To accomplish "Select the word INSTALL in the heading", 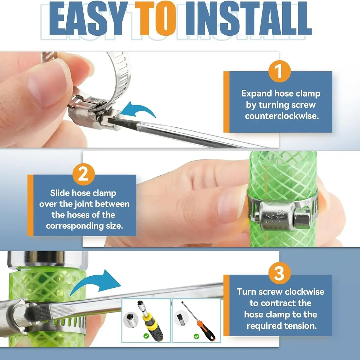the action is coord(249,19).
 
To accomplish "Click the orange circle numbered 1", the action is coord(279,71).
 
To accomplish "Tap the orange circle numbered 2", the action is coord(84,174).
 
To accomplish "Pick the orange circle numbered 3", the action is coord(279,273).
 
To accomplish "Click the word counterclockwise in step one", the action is coord(282,116).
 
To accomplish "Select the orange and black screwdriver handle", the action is coord(207,331).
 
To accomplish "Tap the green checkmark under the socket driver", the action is coord(146,336).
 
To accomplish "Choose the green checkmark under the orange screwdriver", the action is coord(196,336).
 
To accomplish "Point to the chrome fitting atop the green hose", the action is coord(47,260).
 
